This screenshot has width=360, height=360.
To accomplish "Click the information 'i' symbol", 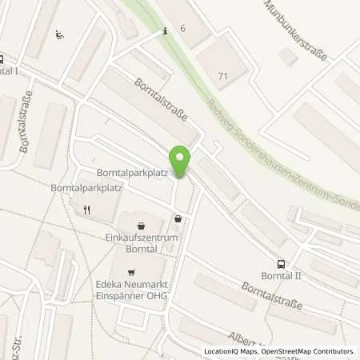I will [x=165, y=30].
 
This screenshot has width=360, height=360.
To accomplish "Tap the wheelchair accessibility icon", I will [x=59, y=34].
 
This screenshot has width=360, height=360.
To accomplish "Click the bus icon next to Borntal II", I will [x=281, y=263].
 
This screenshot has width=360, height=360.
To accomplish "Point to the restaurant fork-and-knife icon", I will [x=89, y=210].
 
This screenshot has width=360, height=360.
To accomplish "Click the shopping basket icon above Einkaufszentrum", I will [x=142, y=226].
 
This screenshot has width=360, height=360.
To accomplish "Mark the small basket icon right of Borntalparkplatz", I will [x=178, y=218].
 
